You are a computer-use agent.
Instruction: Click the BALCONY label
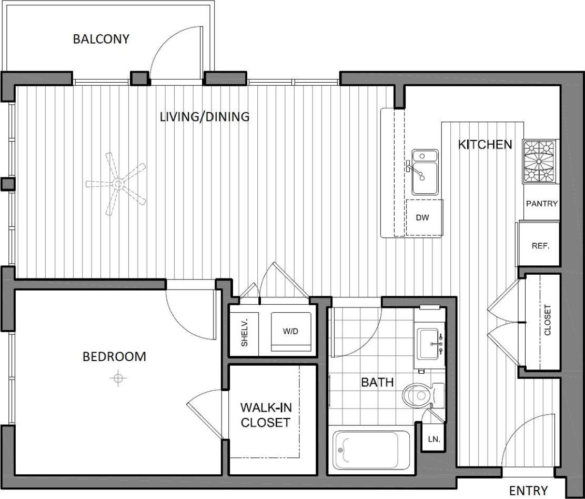click(x=100, y=39)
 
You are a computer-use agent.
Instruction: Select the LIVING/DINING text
click(x=204, y=116)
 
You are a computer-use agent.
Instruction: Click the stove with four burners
click(x=539, y=162)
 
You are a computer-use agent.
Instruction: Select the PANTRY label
click(x=541, y=204)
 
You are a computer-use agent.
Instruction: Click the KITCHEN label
click(x=485, y=144)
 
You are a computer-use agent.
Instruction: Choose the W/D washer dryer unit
click(x=291, y=332)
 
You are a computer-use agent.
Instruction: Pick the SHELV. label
click(x=244, y=332)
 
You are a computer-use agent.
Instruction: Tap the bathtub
click(x=366, y=450)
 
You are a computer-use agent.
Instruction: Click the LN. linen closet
click(x=434, y=438)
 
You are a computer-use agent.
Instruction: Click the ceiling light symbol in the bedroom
click(x=118, y=378)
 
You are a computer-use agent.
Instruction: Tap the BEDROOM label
click(x=114, y=356)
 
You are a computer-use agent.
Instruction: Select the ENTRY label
click(x=528, y=490)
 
